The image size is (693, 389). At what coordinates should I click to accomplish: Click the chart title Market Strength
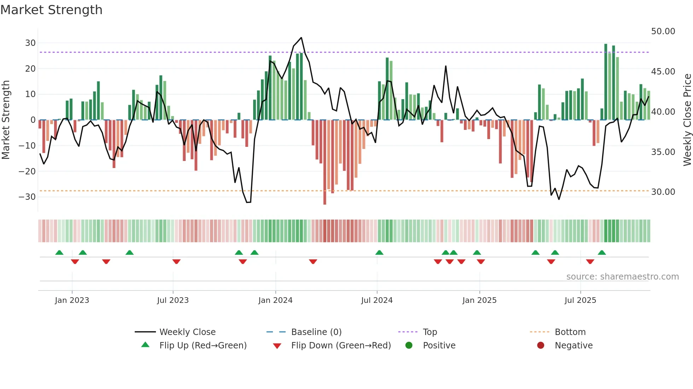(51, 10)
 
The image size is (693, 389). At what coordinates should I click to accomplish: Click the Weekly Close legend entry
(187, 332)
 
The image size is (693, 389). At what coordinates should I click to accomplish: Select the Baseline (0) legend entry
(316, 332)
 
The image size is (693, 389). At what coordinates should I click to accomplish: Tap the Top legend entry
(430, 332)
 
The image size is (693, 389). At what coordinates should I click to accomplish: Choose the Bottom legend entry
(570, 332)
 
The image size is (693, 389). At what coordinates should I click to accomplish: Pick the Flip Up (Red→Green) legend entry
(203, 345)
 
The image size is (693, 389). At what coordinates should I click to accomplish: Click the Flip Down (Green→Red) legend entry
(340, 345)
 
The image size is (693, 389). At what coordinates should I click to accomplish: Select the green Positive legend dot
(409, 345)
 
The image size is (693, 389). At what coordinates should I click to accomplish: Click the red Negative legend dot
(541, 345)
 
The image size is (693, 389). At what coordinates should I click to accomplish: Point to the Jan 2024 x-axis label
(275, 300)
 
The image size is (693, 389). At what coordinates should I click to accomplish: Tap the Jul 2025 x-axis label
(580, 300)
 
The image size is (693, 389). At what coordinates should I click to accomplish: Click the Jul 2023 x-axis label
(173, 300)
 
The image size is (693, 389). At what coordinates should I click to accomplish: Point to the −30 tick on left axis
(27, 197)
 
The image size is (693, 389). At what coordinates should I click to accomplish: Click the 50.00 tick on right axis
(663, 31)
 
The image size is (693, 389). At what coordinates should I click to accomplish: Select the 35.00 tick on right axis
(663, 152)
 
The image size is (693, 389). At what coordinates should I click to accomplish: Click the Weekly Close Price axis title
(687, 120)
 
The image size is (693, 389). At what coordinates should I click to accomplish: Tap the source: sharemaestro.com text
(622, 277)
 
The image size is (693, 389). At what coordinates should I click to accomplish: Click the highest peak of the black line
(301, 38)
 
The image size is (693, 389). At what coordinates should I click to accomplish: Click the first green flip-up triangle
(59, 252)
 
